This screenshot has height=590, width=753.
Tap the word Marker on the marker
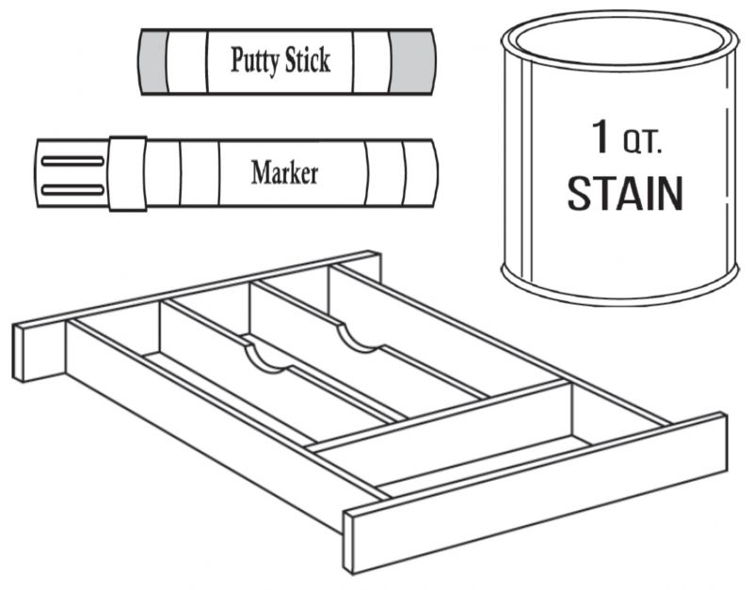[284, 172]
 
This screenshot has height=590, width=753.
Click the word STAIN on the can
[625, 193]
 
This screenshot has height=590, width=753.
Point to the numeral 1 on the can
[601, 136]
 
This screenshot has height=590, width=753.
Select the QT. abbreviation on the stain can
[643, 143]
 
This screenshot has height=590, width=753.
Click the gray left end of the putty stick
[153, 61]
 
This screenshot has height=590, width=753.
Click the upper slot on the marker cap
[72, 161]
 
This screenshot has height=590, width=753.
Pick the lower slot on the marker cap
[72, 190]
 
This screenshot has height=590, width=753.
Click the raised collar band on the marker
[127, 173]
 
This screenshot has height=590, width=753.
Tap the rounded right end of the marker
[421, 173]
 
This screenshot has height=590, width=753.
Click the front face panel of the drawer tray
[535, 493]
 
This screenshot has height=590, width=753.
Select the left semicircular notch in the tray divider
[267, 357]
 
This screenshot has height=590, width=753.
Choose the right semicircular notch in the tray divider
[360, 338]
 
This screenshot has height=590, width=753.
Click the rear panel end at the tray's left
[39, 352]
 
